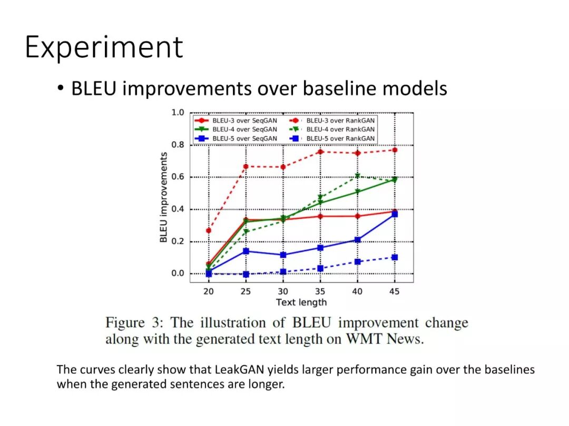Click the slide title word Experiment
[104, 47]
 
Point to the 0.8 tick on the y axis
[178, 145]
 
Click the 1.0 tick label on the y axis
[178, 113]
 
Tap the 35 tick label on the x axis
[320, 291]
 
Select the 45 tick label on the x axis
[394, 291]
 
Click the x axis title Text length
[301, 302]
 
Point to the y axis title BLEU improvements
[164, 197]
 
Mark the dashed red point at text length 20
[209, 230]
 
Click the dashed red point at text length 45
[395, 150]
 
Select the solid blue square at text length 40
[357, 240]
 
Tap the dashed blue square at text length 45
[395, 258]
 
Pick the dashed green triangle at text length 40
[357, 176]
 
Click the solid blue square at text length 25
[246, 251]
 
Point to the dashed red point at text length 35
[320, 152]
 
